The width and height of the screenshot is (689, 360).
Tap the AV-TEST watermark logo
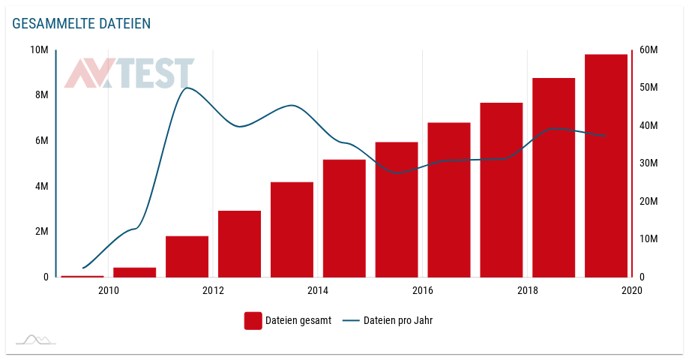pos(129,73)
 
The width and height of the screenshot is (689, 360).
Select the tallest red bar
pos(606,165)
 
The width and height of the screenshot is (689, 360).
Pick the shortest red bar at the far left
pos(82,276)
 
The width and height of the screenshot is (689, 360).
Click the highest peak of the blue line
pos(187,88)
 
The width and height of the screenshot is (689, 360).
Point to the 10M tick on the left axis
pos(39,49)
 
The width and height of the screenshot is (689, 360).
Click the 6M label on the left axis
pos(40,140)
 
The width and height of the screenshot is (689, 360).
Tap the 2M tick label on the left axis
pos(40,231)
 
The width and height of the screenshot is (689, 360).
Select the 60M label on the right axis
pos(648,49)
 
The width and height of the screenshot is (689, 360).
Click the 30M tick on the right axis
pos(648,163)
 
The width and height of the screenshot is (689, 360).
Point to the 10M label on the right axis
pos(648,238)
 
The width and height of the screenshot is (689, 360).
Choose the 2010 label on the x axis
pos(108,290)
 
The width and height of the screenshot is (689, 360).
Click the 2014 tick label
pos(318,290)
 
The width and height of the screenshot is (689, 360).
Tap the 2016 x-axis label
pos(423,290)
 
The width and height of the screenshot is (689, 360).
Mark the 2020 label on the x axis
pos(632,290)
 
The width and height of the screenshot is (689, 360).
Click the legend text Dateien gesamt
pos(298,321)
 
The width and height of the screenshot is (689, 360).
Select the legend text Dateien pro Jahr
pos(398,321)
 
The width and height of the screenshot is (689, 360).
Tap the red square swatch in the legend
pos(253,321)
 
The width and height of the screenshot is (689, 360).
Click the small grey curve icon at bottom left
pos(36,340)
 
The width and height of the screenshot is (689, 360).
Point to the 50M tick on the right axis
pos(648,87)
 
